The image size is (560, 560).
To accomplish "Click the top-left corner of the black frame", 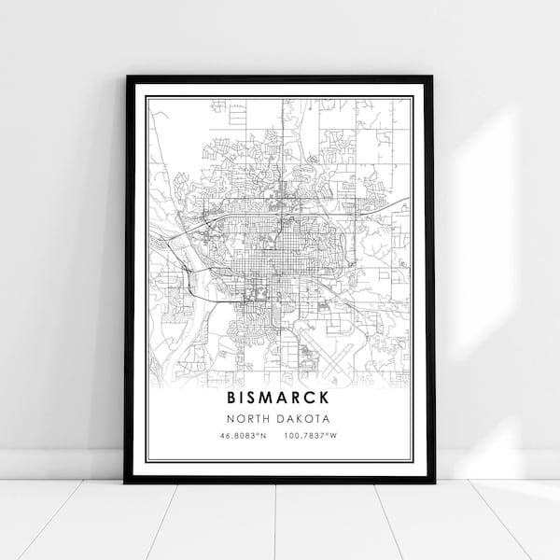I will (126, 77).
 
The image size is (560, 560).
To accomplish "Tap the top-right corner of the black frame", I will (433, 77).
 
